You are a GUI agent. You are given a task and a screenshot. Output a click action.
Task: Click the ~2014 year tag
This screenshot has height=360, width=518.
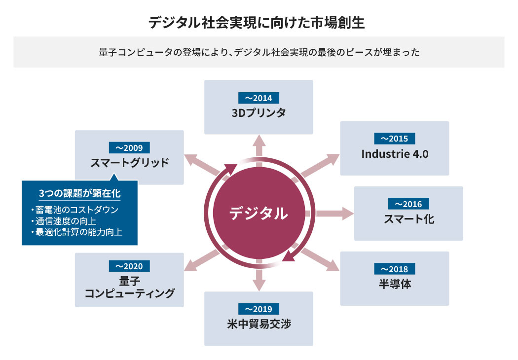pyautogui.click(x=259, y=98)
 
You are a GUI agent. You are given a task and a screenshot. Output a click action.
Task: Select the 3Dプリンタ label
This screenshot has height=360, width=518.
pyautogui.click(x=259, y=112)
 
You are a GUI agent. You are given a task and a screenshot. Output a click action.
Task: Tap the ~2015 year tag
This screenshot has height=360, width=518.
pyautogui.click(x=395, y=139)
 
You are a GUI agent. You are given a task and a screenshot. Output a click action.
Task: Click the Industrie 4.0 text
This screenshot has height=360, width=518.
pyautogui.click(x=395, y=154)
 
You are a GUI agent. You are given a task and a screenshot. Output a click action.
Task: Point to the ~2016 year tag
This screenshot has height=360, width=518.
pyautogui.click(x=408, y=204)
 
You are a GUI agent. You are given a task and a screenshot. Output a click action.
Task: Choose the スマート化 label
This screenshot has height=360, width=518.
pyautogui.click(x=408, y=218)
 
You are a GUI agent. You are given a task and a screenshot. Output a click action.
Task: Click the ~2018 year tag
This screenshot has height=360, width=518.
pyautogui.click(x=395, y=269)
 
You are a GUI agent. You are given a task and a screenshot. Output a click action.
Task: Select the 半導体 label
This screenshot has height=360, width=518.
pyautogui.click(x=395, y=284)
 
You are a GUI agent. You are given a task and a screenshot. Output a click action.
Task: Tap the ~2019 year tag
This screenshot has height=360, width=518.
pyautogui.click(x=259, y=309)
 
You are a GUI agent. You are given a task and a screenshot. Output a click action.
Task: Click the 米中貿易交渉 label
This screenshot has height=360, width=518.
pyautogui.click(x=259, y=324)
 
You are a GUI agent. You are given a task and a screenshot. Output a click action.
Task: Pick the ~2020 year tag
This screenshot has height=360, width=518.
pyautogui.click(x=129, y=266)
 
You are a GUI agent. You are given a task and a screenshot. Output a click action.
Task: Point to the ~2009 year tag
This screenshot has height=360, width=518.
pyautogui.click(x=129, y=147)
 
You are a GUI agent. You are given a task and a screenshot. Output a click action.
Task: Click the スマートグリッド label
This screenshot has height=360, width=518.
pyautogui.click(x=129, y=162)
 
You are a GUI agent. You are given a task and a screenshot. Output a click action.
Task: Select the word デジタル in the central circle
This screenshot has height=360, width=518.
pyautogui.click(x=258, y=213)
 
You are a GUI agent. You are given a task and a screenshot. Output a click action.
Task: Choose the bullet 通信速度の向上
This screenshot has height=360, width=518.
pyautogui.click(x=64, y=220)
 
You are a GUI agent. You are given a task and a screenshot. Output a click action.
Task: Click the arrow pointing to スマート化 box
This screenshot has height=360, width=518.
pyautogui.click(x=335, y=214)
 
